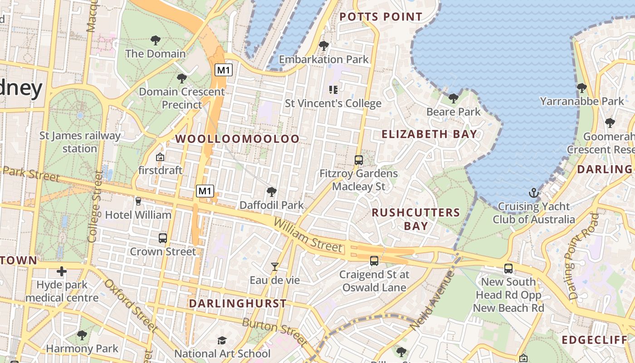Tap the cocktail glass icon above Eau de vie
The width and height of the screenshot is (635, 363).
pyautogui.click(x=274, y=267)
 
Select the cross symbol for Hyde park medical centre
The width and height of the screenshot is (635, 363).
pyautogui.click(x=62, y=271)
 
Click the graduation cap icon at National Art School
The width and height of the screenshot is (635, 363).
pyautogui.click(x=222, y=340)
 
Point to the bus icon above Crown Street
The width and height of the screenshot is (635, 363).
pyautogui.click(x=162, y=238)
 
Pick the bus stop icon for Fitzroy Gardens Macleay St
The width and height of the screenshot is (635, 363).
pyautogui.click(x=358, y=160)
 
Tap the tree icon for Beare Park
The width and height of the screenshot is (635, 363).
pyautogui.click(x=453, y=98)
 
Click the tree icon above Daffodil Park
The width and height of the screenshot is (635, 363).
pyautogui.click(x=272, y=192)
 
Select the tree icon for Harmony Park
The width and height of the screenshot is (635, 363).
pyautogui.click(x=82, y=335)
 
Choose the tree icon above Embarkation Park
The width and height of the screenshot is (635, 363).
pyautogui.click(x=323, y=45)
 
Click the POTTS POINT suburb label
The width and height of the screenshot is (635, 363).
pyautogui.click(x=381, y=17)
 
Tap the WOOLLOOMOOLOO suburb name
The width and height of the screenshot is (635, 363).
pyautogui.click(x=238, y=139)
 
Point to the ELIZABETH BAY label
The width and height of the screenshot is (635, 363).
pyautogui.click(x=429, y=134)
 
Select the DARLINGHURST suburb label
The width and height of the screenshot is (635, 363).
pyautogui.click(x=238, y=304)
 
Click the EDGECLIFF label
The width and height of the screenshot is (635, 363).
pyautogui.click(x=595, y=340)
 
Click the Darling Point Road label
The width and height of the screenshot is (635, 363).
pyautogui.click(x=583, y=256)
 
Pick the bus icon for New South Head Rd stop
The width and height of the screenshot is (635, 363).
pyautogui.click(x=508, y=268)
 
